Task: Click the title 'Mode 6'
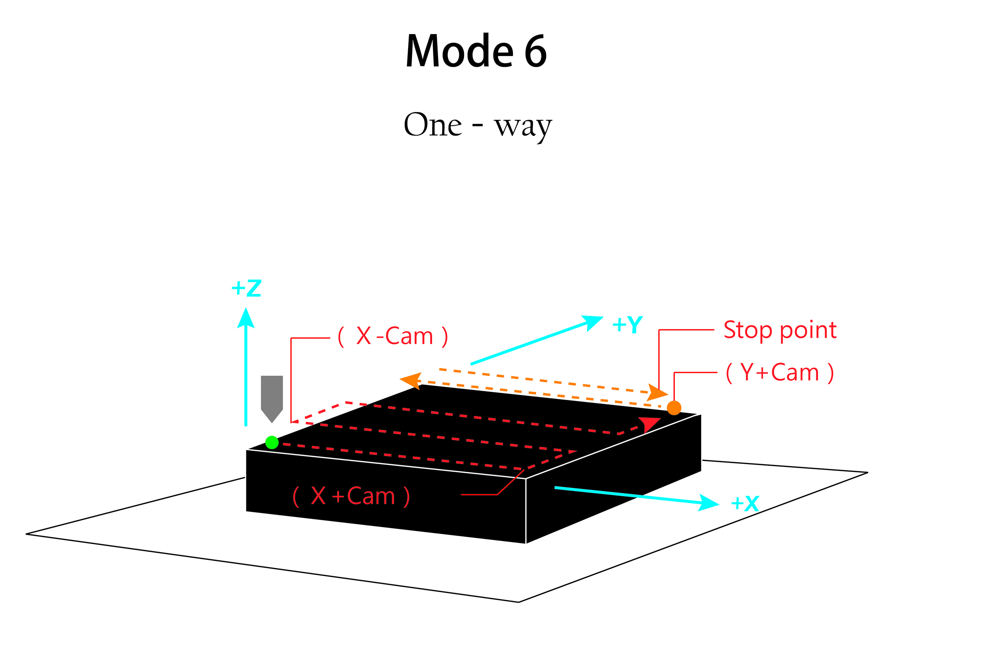476,50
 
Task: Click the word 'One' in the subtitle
433,125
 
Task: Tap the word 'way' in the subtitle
523,126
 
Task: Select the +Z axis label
247,288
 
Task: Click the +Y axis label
628,325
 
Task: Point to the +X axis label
745,504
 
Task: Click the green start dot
272,443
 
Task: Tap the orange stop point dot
674,408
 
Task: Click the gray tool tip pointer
272,399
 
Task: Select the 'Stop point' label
780,330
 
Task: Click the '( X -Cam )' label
393,337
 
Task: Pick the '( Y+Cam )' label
780,373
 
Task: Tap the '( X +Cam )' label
351,497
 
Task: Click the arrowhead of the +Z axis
246,319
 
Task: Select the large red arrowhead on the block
648,424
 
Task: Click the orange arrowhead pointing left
411,381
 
